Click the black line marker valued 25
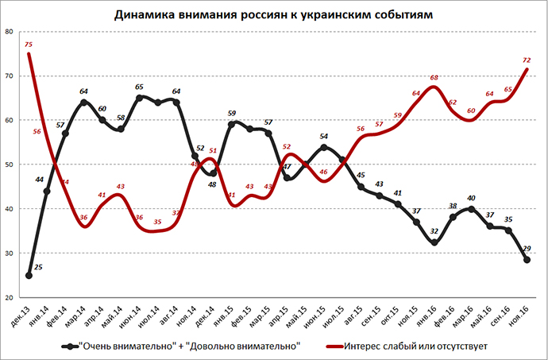tap(29, 276)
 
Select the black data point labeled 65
tap(140, 98)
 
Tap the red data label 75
tap(29, 45)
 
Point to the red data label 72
tap(526, 60)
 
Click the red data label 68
tap(434, 78)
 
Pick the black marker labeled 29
tap(527, 259)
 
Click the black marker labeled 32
tap(434, 243)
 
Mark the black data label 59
tap(232, 114)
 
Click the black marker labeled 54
tap(324, 146)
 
